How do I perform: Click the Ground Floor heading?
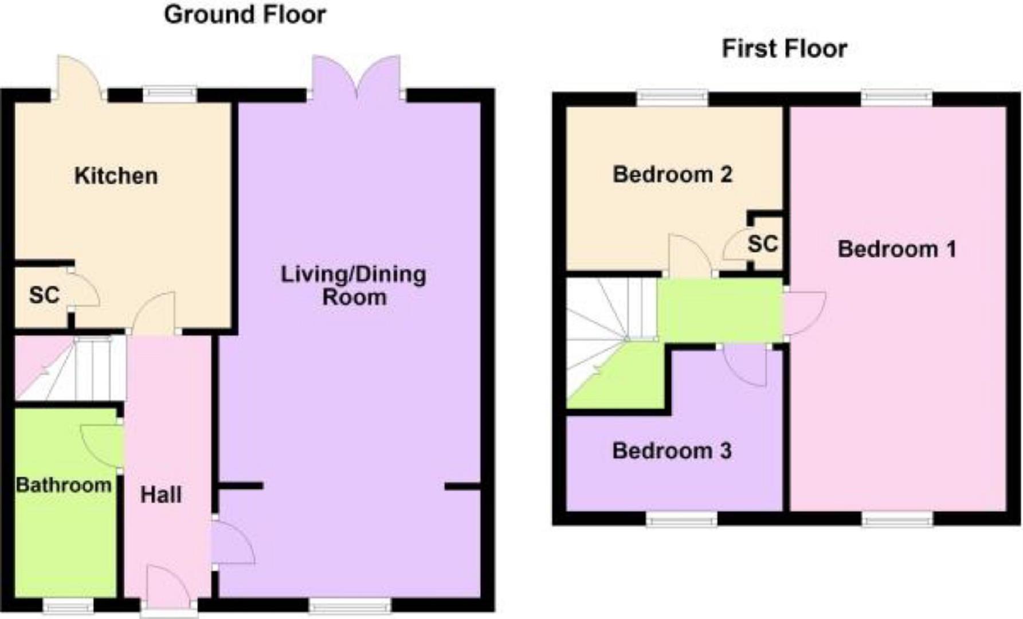pyautogui.click(x=245, y=15)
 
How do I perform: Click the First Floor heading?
pyautogui.click(x=784, y=49)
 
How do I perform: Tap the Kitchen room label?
pyautogui.click(x=116, y=176)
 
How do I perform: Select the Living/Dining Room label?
pyautogui.click(x=354, y=285)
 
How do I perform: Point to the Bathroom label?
pyautogui.click(x=64, y=485)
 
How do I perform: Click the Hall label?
pyautogui.click(x=161, y=495)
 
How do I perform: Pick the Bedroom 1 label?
pyautogui.click(x=897, y=249)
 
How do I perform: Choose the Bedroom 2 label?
pyautogui.click(x=672, y=174)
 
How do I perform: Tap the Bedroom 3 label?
pyautogui.click(x=672, y=451)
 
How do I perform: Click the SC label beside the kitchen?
pyautogui.click(x=44, y=295)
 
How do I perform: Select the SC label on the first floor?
pyautogui.click(x=763, y=244)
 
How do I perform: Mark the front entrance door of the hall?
pyautogui.click(x=168, y=587)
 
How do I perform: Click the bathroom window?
pyautogui.click(x=68, y=605)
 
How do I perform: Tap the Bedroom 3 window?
pyautogui.click(x=681, y=519)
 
